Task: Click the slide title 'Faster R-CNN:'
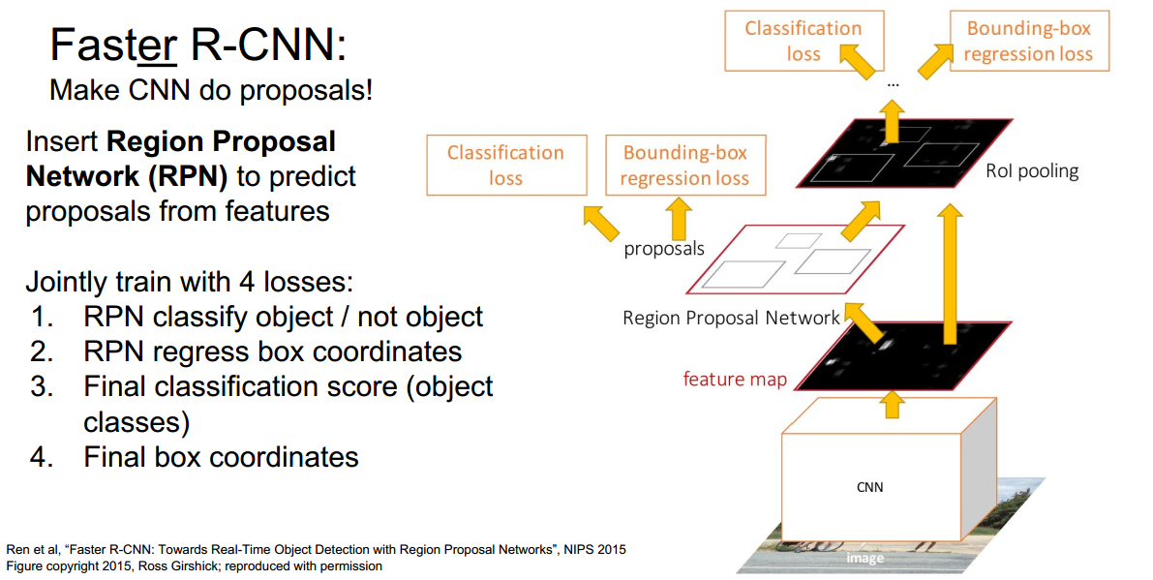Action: [197, 45]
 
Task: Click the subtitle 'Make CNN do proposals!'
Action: [211, 91]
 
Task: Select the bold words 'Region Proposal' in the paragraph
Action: [221, 142]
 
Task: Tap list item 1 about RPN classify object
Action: [283, 317]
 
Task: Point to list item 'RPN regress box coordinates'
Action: [272, 351]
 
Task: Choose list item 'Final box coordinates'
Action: [221, 456]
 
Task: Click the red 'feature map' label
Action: [735, 379]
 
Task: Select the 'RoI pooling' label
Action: [1031, 171]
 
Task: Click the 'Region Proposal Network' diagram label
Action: [731, 318]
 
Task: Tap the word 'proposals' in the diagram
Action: [664, 249]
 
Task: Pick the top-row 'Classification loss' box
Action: [803, 41]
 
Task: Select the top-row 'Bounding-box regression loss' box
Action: [1028, 41]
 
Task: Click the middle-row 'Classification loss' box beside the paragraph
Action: [505, 165]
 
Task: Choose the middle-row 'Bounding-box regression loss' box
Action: [684, 165]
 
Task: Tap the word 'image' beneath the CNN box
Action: [865, 558]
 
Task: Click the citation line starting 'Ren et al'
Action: [316, 549]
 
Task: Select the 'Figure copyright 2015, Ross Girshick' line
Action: [195, 565]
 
